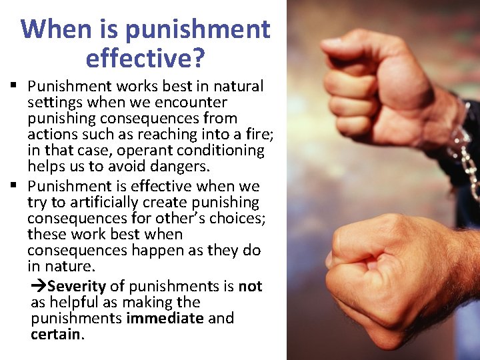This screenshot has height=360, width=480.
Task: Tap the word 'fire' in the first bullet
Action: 258,135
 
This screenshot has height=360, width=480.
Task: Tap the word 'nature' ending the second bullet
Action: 71,267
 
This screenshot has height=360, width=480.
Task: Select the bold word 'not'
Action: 250,287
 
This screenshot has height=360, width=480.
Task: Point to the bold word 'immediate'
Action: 165,319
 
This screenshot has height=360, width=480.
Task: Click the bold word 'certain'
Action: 55,335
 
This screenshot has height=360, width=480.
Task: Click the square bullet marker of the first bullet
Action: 13,86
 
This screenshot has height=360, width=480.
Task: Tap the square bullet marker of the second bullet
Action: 13,186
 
